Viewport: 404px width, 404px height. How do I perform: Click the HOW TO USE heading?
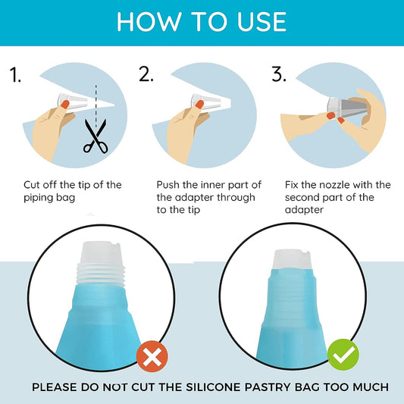pos(202,22)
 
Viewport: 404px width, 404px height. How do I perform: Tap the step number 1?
pos(15,74)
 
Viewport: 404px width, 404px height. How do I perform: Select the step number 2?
pos(146,74)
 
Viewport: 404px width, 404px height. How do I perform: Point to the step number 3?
pos(279,74)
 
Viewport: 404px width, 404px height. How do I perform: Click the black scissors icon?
pos(95,136)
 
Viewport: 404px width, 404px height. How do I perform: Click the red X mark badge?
pos(152,356)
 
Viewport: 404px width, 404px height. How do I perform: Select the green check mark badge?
pos(343,355)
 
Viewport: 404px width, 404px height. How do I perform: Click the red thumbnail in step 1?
pos(65,105)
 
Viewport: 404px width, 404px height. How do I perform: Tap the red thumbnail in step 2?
pos(199,105)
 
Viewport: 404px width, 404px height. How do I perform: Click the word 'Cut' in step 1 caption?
pos(31,185)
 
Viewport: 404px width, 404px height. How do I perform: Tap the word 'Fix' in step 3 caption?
pos(291,185)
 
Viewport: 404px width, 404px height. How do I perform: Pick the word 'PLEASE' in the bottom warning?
pos(55,387)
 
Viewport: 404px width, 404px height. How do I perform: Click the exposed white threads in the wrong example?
pos(101,274)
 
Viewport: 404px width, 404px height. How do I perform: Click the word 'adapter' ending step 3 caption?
pos(304,210)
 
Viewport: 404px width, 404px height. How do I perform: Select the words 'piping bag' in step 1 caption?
pos(49,198)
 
